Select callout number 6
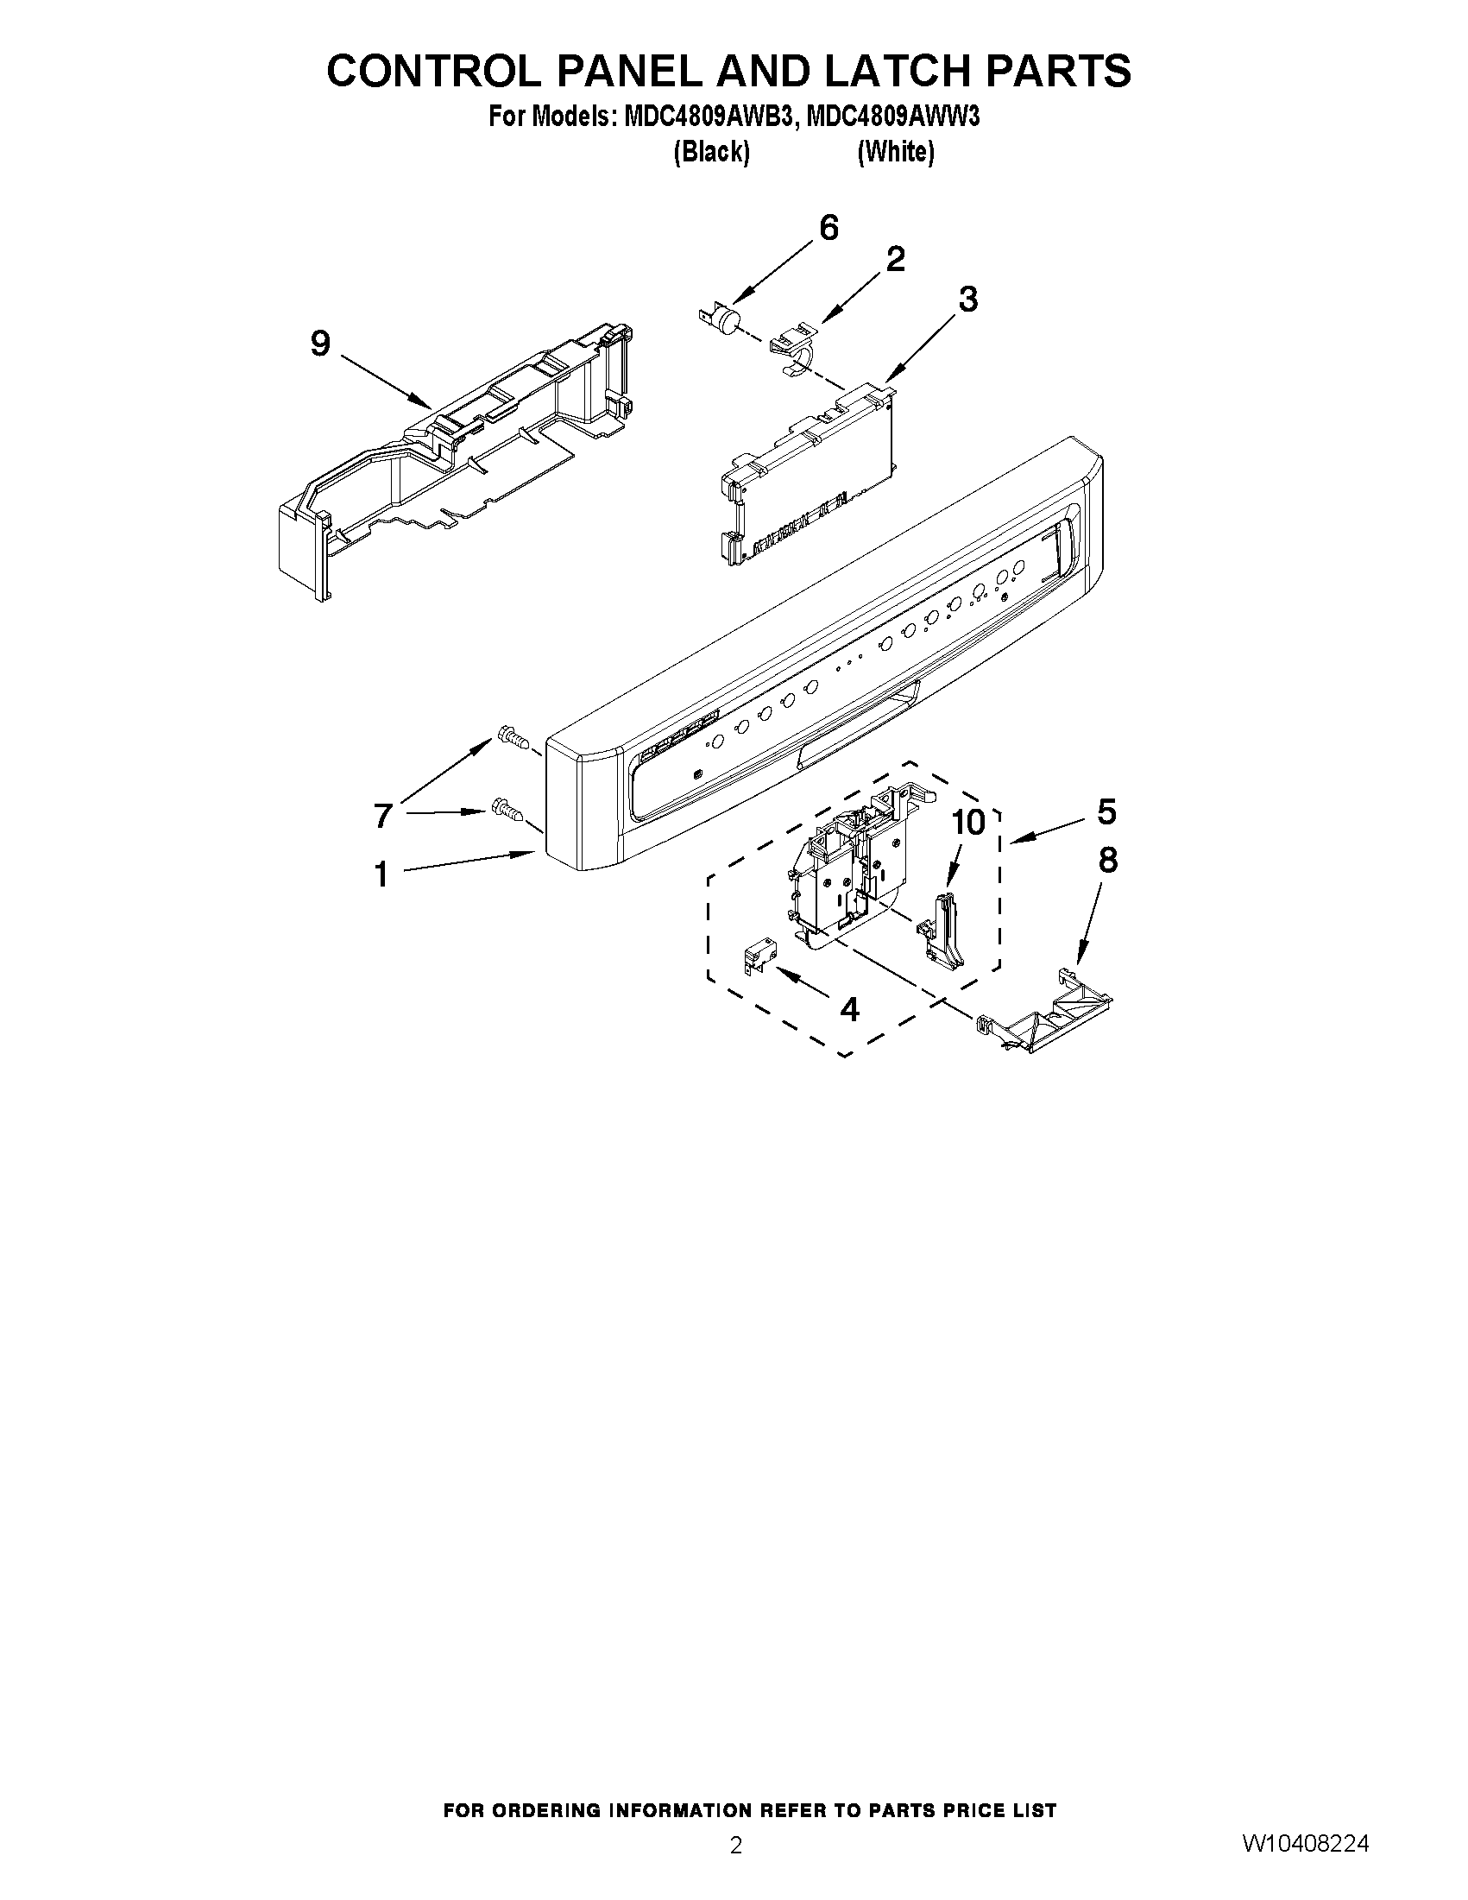tap(829, 228)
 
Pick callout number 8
tap(1107, 861)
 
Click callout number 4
tap(849, 1009)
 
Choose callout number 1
tap(381, 874)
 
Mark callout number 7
tap(382, 815)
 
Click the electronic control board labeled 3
tap(809, 474)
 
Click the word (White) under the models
tap(896, 152)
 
